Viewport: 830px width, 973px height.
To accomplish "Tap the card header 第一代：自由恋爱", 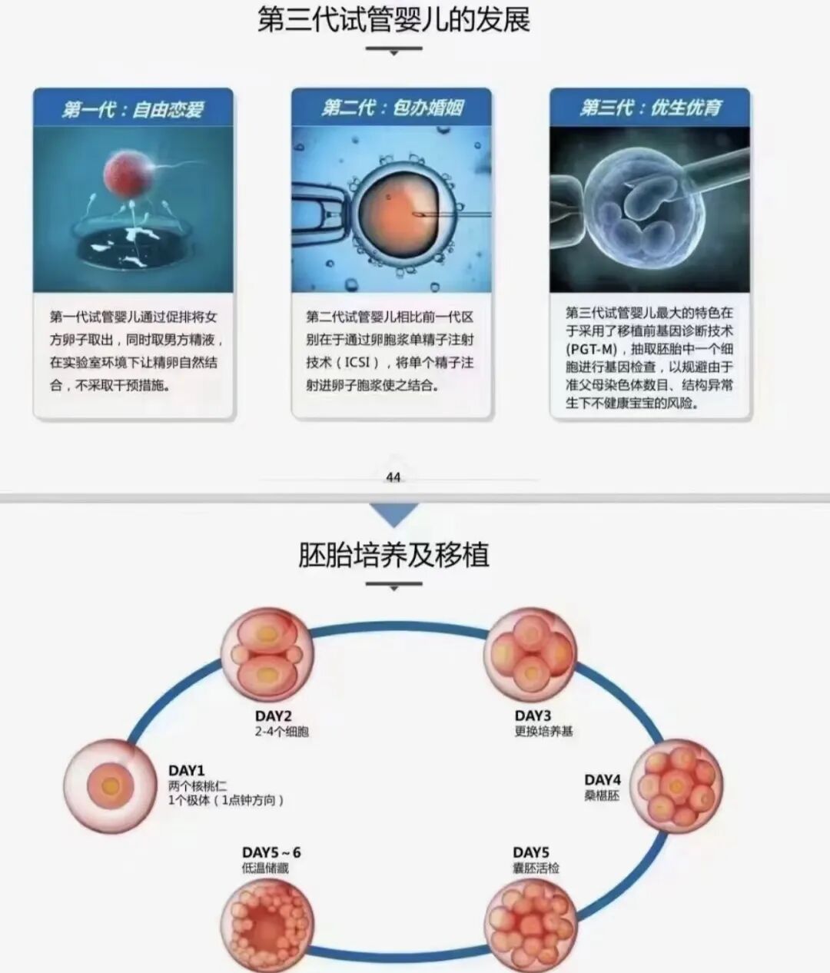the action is (x=133, y=108).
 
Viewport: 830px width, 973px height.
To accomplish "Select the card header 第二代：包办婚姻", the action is (x=392, y=107).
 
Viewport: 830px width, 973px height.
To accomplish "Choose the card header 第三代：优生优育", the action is (x=650, y=107).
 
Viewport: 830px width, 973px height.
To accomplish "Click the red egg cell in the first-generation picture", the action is (x=124, y=172).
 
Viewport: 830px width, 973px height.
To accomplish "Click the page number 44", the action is (x=393, y=477).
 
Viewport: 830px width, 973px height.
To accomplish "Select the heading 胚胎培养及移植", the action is (x=393, y=555).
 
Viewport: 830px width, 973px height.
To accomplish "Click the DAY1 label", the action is (x=187, y=770).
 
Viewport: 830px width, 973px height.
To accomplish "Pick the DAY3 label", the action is (x=533, y=716).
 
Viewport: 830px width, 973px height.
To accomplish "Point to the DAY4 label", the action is (x=603, y=780).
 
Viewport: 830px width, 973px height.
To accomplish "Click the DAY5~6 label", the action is (x=271, y=852).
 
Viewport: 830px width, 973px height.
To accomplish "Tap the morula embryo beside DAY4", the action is (x=677, y=785).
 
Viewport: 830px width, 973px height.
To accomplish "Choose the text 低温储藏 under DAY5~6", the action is (x=265, y=868).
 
